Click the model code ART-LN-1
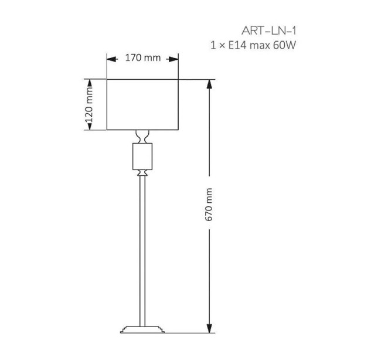click(x=269, y=31)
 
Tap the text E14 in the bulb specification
click(x=238, y=45)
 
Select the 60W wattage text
click(x=284, y=45)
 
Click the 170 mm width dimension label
click(x=142, y=57)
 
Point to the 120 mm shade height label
click(x=90, y=104)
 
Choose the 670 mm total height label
click(x=209, y=205)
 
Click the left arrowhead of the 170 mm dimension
click(x=111, y=59)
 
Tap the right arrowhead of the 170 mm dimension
click(x=173, y=59)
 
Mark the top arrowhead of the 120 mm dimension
click(x=90, y=84)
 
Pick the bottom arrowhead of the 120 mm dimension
click(x=90, y=125)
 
